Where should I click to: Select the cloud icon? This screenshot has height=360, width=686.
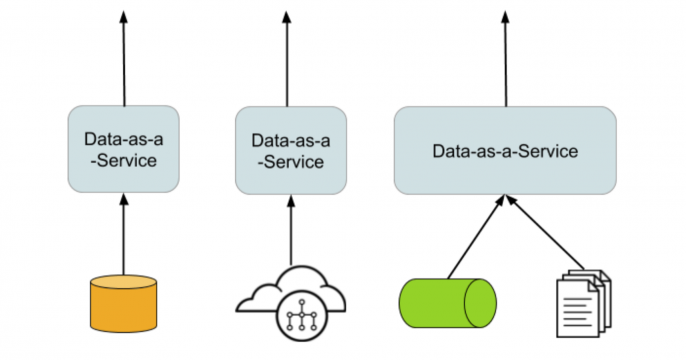pos(291,297)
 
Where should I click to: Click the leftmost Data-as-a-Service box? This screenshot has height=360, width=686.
pos(124,148)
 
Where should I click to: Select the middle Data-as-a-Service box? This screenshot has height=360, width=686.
pos(291,150)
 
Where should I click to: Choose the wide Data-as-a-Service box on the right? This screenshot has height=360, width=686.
pos(505,150)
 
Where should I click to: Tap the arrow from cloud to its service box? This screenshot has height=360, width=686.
pos(291,231)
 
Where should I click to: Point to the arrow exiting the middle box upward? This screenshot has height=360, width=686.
pos(291,60)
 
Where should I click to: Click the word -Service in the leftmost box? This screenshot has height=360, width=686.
pos(124,159)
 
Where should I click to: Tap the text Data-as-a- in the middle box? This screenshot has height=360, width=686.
pos(291,139)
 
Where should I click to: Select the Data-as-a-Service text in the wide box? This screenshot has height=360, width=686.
pos(505,151)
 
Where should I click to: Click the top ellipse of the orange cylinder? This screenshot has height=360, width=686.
pos(123,283)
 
